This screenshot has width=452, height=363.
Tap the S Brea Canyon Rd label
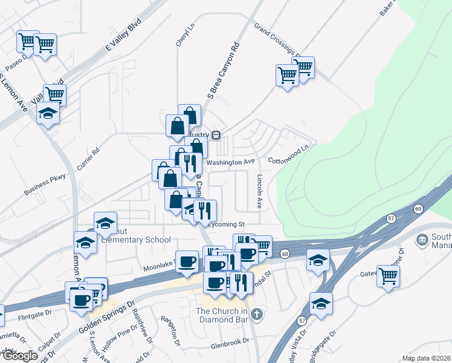pyautogui.click(x=223, y=70)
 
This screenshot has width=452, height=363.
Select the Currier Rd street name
pyautogui.click(x=88, y=159)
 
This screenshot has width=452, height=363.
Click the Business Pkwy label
pyautogui.click(x=44, y=185)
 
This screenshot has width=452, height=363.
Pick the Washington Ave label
pyautogui.click(x=230, y=163)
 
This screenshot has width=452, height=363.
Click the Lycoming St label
pyautogui.click(x=226, y=224)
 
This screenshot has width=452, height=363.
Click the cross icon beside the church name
pyautogui.click(x=257, y=313)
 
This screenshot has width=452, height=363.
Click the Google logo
pyautogui.click(x=19, y=356)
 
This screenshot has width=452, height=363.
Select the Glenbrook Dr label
pyautogui.click(x=230, y=342)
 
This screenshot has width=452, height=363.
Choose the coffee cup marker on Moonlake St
pyautogui.click(x=187, y=261)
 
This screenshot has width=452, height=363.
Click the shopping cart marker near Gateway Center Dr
pyautogui.click(x=388, y=276)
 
